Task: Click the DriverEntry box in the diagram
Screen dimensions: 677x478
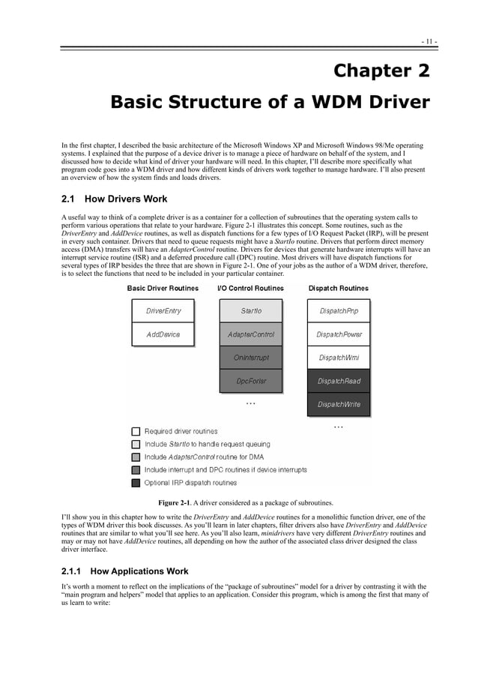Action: pos(163,310)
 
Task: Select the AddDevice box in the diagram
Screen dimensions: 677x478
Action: pos(163,334)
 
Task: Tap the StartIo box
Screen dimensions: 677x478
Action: pos(250,310)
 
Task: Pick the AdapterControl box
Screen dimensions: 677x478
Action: pos(250,334)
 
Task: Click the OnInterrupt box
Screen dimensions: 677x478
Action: pos(250,358)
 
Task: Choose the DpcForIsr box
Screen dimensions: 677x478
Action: pos(250,381)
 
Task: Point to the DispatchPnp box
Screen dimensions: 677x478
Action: pos(339,310)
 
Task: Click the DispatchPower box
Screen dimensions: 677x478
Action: pos(339,334)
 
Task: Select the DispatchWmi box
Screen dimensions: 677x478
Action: pos(339,358)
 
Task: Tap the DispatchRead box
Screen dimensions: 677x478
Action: pos(339,381)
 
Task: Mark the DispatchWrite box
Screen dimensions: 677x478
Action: pos(339,404)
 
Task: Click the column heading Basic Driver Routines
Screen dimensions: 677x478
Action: pos(163,288)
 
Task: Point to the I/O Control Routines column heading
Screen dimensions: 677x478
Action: pos(250,288)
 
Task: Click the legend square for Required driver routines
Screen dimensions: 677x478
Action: pos(136,432)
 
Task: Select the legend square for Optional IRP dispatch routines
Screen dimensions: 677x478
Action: pos(136,483)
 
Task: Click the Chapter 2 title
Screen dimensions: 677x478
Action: pos(381,71)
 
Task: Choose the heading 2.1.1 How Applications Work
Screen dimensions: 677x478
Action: pos(124,571)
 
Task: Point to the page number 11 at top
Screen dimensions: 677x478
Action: pos(429,40)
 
